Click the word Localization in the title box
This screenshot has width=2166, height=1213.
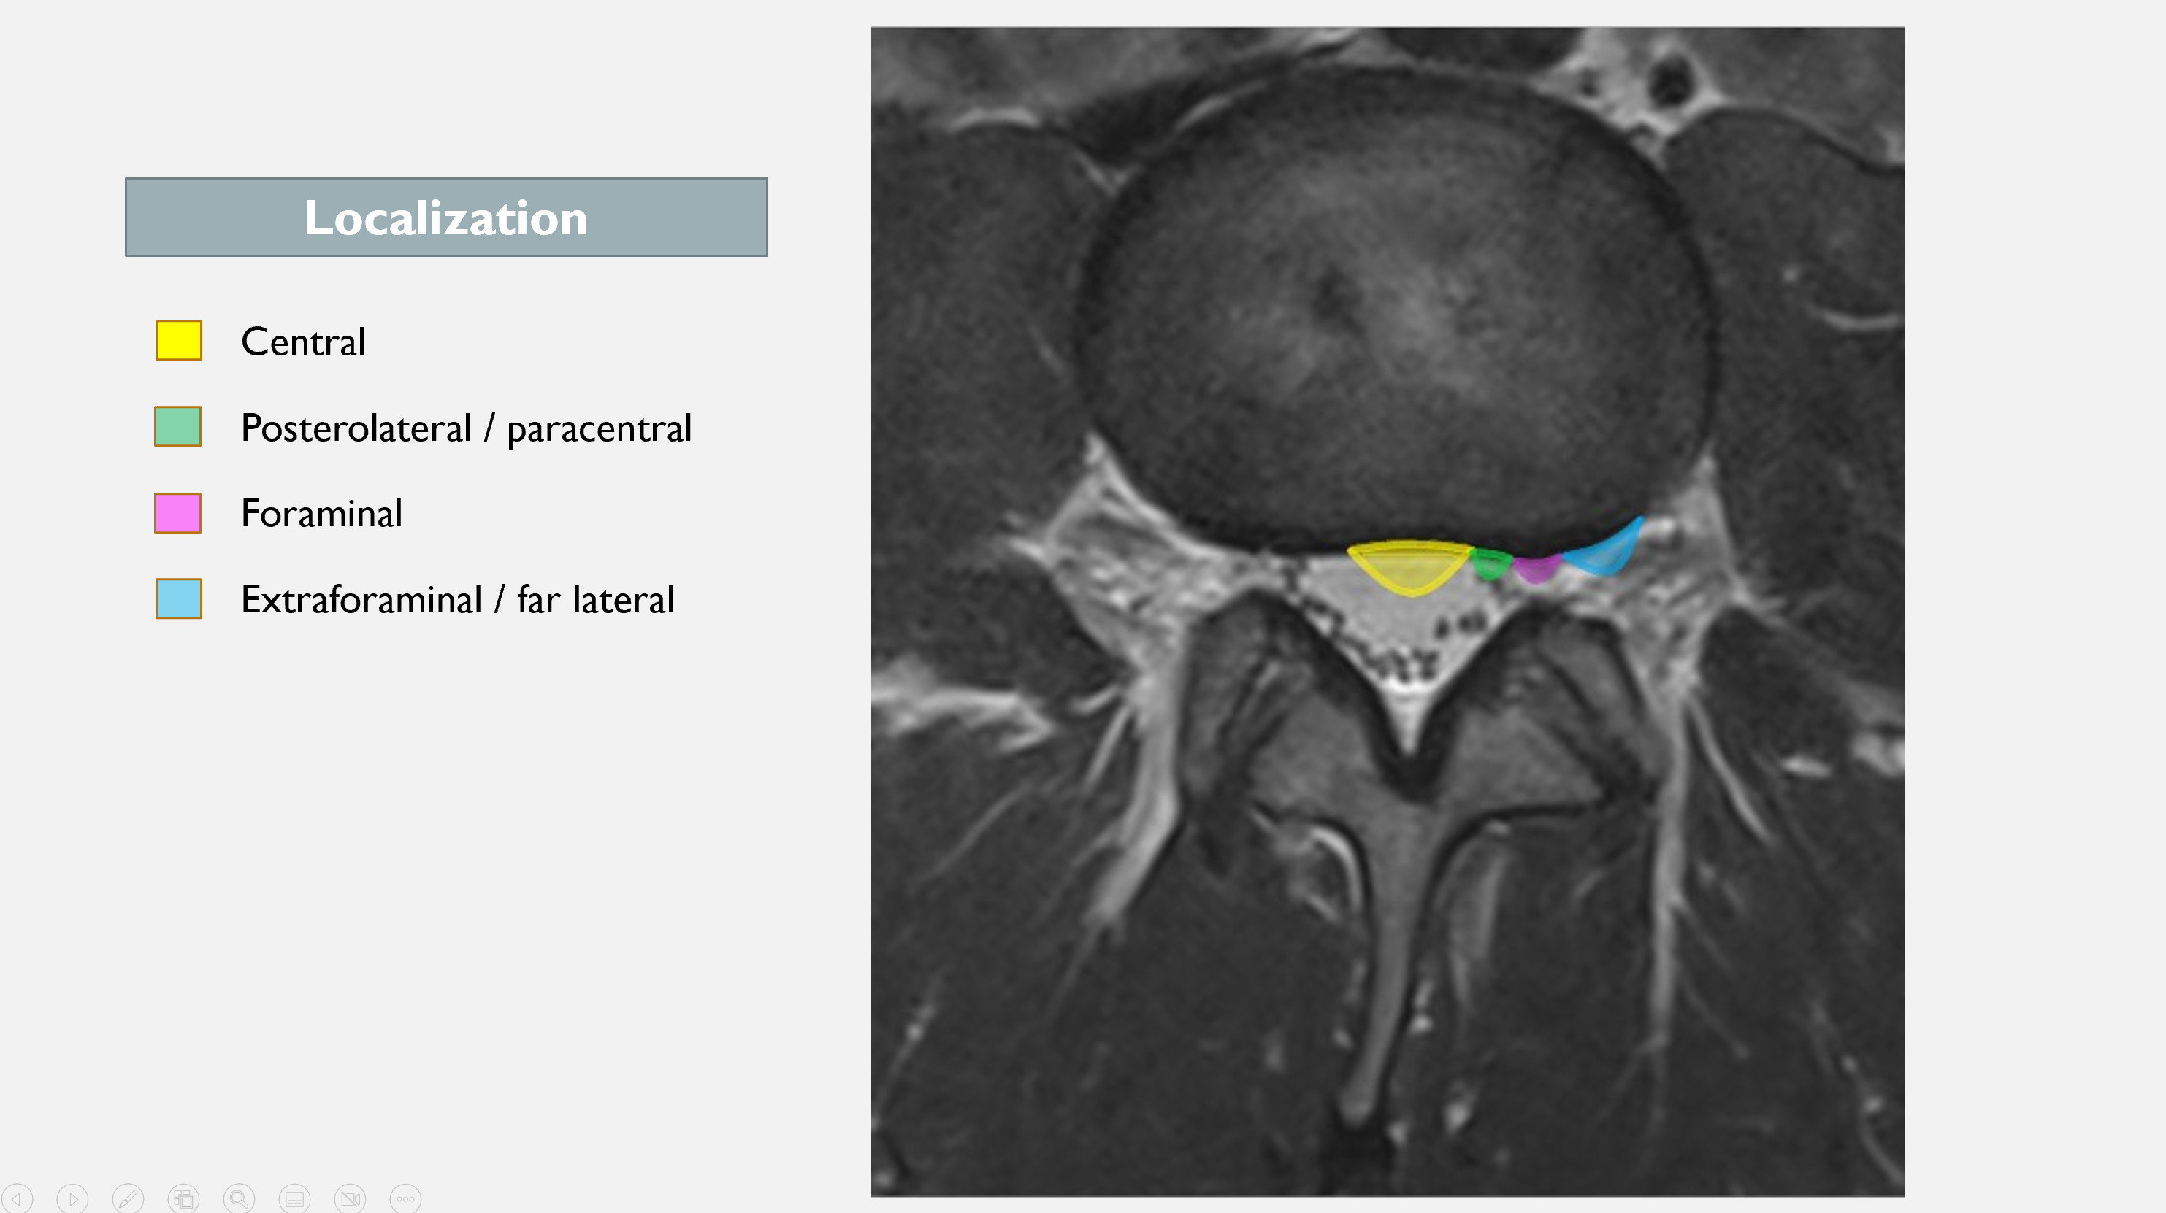(445, 217)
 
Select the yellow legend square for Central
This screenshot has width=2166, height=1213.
(178, 340)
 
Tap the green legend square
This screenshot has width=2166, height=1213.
(178, 426)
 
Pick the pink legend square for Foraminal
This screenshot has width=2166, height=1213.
(178, 513)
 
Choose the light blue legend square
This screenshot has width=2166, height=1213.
(178, 598)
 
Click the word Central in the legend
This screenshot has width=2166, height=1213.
(304, 342)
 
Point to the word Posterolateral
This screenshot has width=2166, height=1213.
(356, 428)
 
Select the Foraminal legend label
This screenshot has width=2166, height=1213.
(322, 514)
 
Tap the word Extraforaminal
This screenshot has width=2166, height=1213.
(361, 599)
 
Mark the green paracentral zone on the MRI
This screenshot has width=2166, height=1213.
(1490, 564)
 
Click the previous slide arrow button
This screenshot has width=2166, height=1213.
(17, 1198)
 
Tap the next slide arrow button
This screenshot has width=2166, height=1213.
(72, 1198)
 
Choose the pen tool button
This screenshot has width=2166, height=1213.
(128, 1198)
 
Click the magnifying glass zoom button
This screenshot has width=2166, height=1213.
(239, 1198)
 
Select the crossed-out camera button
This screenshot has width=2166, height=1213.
(350, 1198)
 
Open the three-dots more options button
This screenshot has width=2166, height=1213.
(405, 1198)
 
